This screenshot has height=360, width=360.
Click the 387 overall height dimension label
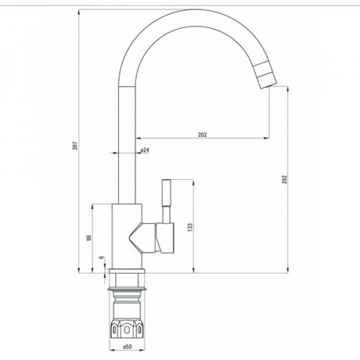click(75, 145)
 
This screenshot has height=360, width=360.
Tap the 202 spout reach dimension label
click(203, 134)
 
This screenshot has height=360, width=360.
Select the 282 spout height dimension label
click(284, 179)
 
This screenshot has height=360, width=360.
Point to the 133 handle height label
click(190, 227)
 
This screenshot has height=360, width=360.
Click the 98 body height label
click(89, 238)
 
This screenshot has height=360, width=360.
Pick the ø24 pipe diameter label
click(145, 150)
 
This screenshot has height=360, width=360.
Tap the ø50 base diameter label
click(127, 346)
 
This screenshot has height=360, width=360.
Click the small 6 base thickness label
click(101, 257)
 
